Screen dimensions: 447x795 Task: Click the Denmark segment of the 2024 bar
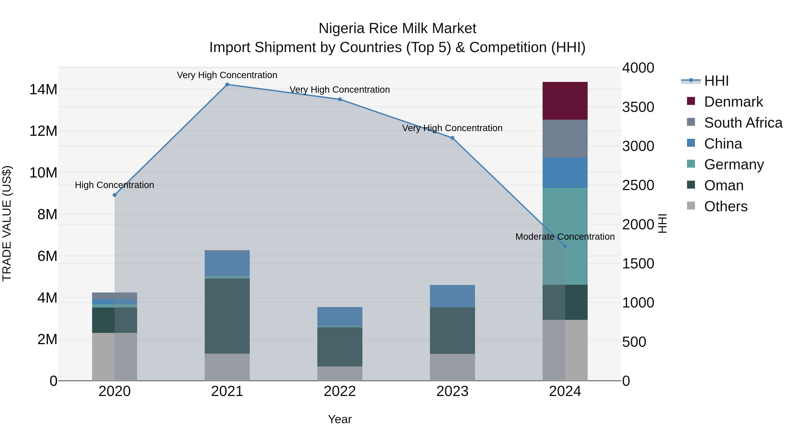coord(565,101)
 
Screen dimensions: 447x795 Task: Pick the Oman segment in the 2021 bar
coord(227,316)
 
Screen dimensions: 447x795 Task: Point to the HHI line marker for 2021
coord(227,85)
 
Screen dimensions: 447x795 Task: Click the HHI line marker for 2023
coord(452,138)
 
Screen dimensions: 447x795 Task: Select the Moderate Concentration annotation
coord(565,237)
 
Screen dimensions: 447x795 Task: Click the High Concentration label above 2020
coord(114,185)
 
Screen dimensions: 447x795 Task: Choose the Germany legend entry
coord(734,164)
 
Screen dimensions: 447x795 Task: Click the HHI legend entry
coord(716,81)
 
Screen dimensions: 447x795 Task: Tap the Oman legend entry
coord(724,185)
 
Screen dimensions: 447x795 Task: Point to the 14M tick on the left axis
coord(43,89)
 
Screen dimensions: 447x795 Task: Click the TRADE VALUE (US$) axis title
coord(7,223)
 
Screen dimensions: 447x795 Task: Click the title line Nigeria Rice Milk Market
coord(397,28)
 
